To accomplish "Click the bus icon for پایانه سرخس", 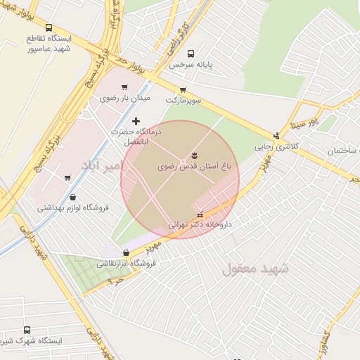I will click(x=191, y=53).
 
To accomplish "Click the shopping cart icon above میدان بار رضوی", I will click(x=124, y=88).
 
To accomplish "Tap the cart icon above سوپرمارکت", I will click(x=183, y=89).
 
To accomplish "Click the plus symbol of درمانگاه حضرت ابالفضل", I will click(x=136, y=122).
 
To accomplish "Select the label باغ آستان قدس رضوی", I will click(x=194, y=167).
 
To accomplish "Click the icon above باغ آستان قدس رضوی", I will click(x=194, y=155).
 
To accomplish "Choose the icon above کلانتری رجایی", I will click(x=276, y=136).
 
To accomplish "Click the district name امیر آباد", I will click(x=102, y=166).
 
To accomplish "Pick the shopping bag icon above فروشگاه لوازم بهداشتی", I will click(x=73, y=198).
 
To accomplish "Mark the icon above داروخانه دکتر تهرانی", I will click(x=200, y=214).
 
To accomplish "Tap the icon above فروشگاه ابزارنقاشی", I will click(x=126, y=253).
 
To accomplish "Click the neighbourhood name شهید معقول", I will click(x=256, y=269).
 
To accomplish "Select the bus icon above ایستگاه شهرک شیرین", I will click(x=27, y=330).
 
